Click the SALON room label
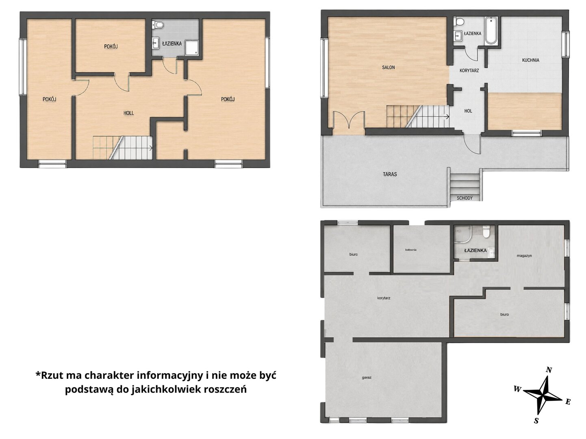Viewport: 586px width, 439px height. pos(388,67)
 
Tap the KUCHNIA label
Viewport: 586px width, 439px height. pos(530,60)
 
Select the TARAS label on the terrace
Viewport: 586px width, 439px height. pos(390,174)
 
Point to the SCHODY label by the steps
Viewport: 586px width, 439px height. pos(464,198)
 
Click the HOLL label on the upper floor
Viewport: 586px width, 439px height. pos(128,113)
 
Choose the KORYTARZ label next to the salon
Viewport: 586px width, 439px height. pos(469,70)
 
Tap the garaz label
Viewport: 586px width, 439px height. pos(367,378)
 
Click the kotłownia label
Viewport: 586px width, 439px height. pos(410,250)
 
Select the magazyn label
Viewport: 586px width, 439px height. pos(524,256)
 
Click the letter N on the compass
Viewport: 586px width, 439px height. pos(549,370)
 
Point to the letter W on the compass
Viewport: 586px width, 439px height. pos(517,389)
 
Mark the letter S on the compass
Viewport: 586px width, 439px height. pos(536,421)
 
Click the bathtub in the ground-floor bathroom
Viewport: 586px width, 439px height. pos(491,30)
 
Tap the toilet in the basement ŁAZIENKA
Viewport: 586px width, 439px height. pos(486,231)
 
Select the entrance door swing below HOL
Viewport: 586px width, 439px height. pos(472,144)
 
